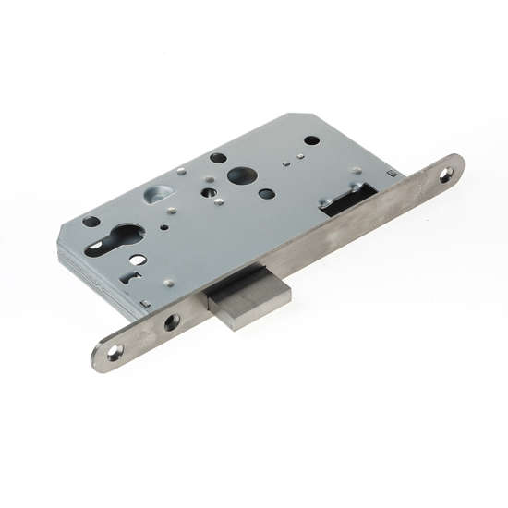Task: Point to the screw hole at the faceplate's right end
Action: coord(446,174)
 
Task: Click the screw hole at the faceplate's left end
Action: coord(115,352)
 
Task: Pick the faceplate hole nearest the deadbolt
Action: coord(172,322)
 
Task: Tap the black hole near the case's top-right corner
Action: coord(312,140)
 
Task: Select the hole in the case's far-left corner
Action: coord(91,222)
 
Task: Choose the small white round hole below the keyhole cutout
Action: coord(138,260)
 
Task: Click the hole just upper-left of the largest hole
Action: coord(218,158)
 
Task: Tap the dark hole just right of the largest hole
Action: coord(267,194)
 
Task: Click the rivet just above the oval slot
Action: coord(182,171)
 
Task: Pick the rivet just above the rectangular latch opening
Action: coord(356,170)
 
